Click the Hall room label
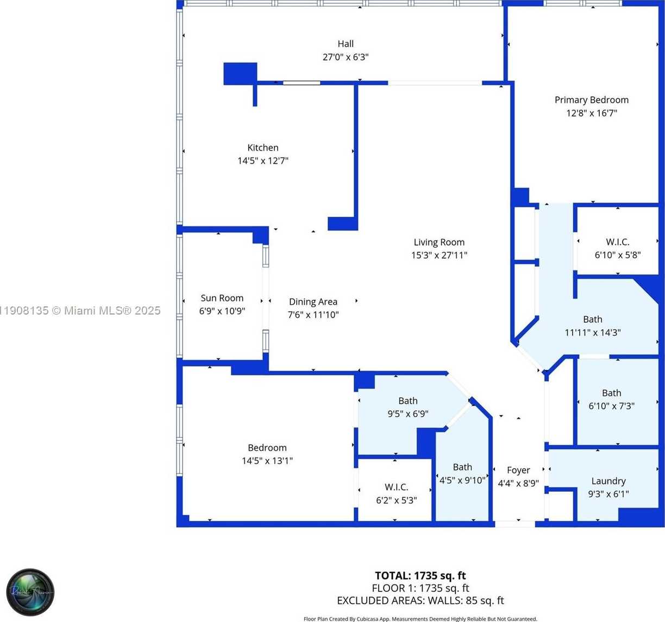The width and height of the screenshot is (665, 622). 346,44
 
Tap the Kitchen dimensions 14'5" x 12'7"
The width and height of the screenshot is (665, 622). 263,161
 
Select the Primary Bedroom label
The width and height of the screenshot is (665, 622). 591,100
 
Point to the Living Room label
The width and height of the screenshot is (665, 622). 439,242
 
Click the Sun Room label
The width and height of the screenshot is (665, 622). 222,298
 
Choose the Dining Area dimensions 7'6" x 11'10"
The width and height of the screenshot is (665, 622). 313,315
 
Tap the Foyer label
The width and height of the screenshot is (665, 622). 518,470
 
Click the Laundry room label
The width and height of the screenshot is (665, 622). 608,481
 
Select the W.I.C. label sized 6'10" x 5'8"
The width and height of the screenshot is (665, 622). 618,242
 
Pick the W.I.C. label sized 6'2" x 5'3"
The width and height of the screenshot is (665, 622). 396,487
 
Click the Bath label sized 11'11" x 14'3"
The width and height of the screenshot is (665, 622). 592,319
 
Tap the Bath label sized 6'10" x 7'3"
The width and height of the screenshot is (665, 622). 611,393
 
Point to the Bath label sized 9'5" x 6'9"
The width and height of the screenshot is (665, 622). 407,401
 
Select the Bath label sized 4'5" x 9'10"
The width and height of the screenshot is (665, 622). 462,467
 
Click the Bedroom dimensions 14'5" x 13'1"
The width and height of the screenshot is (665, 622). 267,461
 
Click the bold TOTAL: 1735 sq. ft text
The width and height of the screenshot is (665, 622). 420,575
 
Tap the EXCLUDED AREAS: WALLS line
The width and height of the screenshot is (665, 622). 420,600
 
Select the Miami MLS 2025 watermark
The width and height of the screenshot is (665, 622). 80,311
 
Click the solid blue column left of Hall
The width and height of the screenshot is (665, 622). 240,73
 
